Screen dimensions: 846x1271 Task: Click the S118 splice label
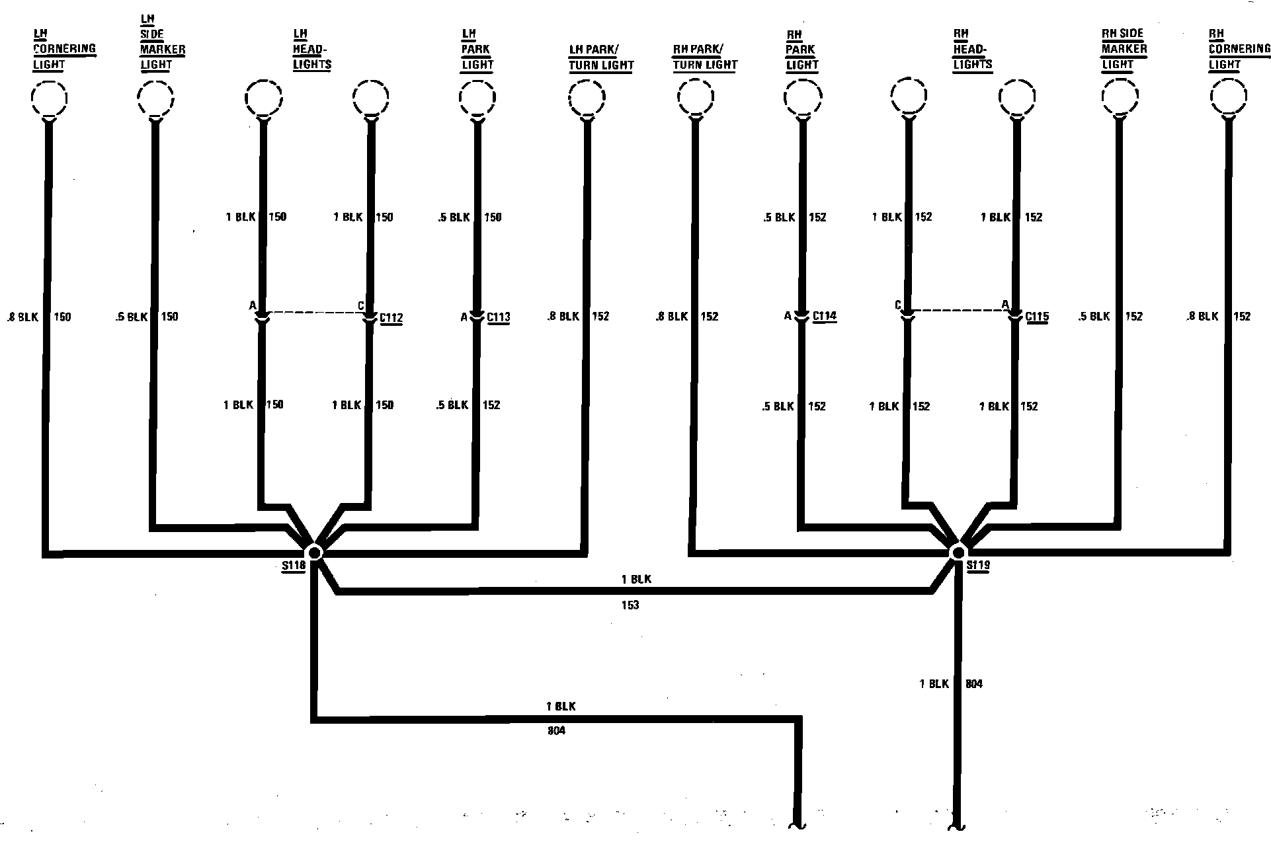tap(293, 566)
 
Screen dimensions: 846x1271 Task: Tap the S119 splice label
tap(977, 566)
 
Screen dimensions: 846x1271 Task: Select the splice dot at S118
tap(314, 552)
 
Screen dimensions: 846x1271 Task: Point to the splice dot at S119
tap(957, 552)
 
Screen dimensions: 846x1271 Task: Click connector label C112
tap(391, 318)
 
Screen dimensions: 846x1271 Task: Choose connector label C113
tap(499, 317)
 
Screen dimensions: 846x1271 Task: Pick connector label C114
tap(825, 316)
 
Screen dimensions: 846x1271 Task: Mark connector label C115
tap(1037, 317)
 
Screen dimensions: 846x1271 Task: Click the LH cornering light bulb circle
tap(49, 98)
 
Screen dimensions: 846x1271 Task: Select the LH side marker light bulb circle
tap(155, 98)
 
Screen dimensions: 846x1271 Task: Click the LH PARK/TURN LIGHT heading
tap(601, 58)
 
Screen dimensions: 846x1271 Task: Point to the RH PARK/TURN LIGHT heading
tap(704, 57)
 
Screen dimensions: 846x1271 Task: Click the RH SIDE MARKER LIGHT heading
tap(1124, 49)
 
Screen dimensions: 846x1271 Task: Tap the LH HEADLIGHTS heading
tap(311, 49)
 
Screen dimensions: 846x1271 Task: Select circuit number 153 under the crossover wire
tap(630, 605)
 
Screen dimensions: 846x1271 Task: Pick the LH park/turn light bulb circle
tap(587, 98)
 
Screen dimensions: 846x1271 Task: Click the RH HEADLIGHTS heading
tap(972, 49)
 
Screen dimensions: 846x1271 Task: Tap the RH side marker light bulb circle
tap(1120, 97)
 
